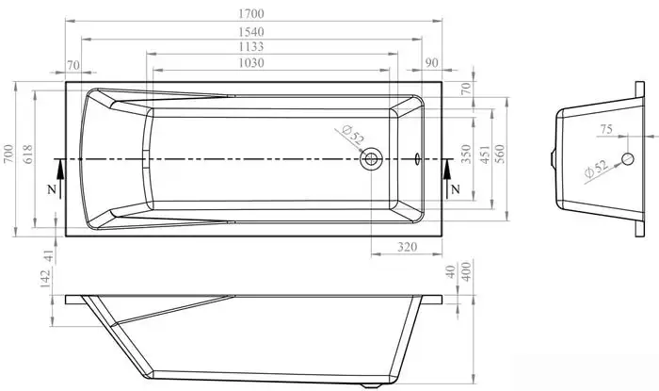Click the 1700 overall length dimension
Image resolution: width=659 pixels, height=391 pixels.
point(251,14)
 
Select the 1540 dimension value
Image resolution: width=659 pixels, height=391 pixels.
point(251,32)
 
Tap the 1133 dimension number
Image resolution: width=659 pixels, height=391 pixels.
point(251,46)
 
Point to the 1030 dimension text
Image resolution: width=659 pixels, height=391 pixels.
point(251,63)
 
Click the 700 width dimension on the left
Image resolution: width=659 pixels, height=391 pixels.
point(8,155)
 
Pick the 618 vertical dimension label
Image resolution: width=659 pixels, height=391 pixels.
point(27,155)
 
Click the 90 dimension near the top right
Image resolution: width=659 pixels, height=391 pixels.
point(431,63)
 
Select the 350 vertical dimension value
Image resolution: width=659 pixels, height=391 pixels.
point(466,154)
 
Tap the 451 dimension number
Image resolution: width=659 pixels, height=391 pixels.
point(485,155)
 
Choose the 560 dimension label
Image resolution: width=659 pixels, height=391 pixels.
point(500,154)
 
